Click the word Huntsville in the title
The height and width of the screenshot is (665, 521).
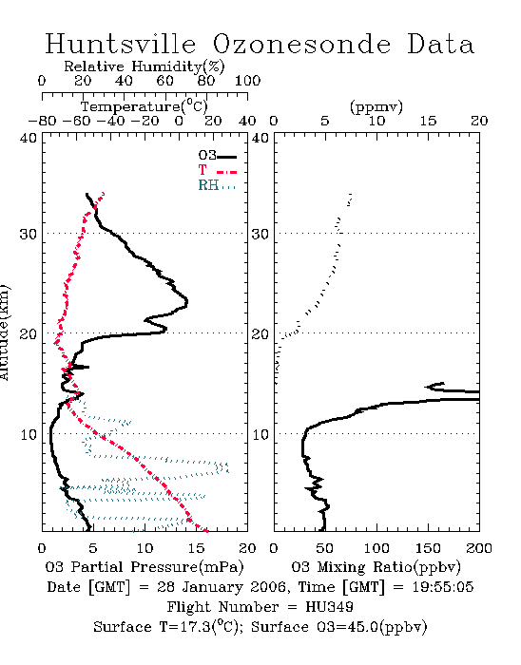click(x=121, y=44)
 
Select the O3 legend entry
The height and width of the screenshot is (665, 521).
click(x=217, y=156)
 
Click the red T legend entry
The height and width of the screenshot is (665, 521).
click(x=217, y=170)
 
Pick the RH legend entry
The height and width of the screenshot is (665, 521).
click(x=217, y=185)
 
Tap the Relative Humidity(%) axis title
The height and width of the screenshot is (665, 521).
click(x=145, y=66)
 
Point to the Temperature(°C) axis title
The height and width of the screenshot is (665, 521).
click(x=145, y=106)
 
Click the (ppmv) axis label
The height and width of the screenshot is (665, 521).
click(x=376, y=106)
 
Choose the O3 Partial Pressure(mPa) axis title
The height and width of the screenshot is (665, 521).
click(x=145, y=567)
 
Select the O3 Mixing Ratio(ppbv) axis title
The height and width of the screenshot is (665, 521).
click(x=376, y=567)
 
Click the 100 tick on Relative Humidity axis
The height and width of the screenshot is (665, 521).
click(x=247, y=81)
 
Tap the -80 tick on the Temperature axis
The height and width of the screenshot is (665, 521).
click(x=43, y=121)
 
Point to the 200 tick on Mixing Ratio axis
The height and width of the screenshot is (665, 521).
click(x=479, y=548)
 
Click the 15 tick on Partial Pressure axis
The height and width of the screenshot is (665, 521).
click(x=196, y=548)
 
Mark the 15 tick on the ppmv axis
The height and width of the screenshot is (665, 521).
click(x=428, y=121)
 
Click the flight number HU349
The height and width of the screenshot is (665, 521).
click(x=329, y=607)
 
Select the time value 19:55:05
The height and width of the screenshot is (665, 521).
click(x=442, y=587)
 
